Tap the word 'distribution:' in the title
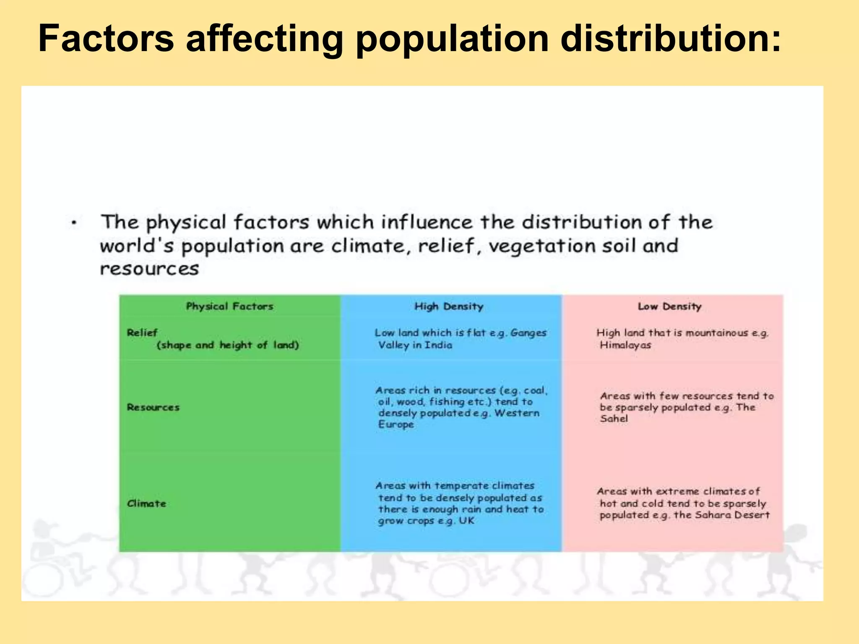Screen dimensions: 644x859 (670, 39)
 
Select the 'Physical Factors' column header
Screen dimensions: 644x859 (229, 306)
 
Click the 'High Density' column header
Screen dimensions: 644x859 (449, 306)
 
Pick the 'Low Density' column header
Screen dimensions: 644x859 (669, 306)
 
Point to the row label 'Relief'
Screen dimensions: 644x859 (142, 333)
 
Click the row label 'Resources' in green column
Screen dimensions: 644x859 (153, 407)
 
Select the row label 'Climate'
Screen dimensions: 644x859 (146, 504)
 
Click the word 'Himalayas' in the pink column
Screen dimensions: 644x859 (625, 345)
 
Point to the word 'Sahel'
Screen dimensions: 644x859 (614, 418)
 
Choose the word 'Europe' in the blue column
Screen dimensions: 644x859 (396, 424)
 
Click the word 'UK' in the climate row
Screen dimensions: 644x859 (466, 521)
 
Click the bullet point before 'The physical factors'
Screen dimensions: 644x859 (74, 223)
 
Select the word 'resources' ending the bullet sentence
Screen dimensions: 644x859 (149, 269)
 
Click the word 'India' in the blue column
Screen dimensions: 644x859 (438, 345)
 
